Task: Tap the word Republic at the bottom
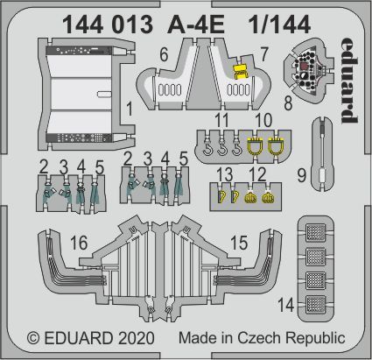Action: point(325,338)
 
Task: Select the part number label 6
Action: point(164,55)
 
